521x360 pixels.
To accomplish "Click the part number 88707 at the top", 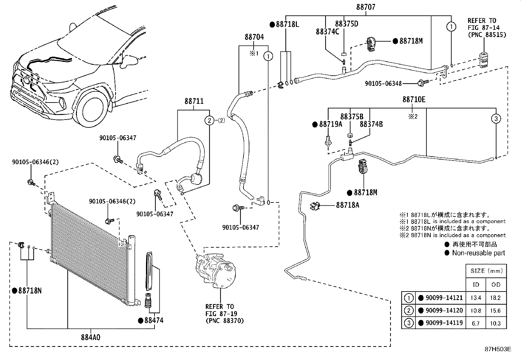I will [x=366, y=7].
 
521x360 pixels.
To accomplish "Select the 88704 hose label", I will [x=254, y=37].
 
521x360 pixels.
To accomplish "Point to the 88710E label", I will [x=414, y=100].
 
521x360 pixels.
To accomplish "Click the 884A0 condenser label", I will [x=91, y=337].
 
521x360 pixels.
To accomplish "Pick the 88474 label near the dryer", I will [x=153, y=320].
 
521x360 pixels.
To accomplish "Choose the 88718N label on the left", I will [x=30, y=291].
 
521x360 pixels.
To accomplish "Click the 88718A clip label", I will [x=348, y=205].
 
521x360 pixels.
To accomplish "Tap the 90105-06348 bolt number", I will [x=383, y=84].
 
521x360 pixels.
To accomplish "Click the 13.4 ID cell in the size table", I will [x=476, y=298].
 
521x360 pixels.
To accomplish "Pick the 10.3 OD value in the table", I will [x=496, y=323].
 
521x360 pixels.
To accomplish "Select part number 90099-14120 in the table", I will [x=444, y=311].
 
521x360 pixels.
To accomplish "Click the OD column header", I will [x=496, y=284].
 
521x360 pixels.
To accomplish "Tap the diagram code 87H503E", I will [x=498, y=349].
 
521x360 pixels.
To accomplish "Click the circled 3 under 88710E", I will [x=496, y=118].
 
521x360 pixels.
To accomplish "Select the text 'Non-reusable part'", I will [x=478, y=253].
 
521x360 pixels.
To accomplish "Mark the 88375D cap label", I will [x=347, y=24].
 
